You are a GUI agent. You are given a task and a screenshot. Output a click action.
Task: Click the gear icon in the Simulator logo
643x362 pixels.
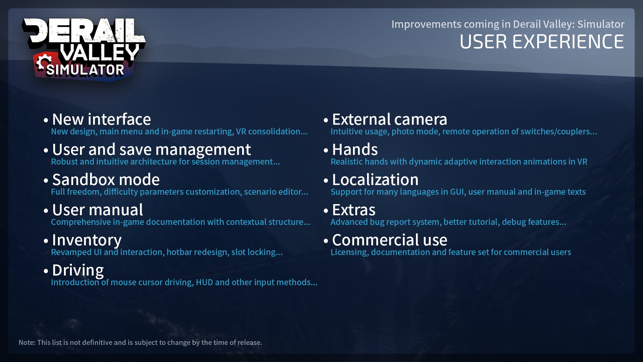pos(43,63)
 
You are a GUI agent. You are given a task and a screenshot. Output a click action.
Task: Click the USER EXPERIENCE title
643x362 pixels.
pos(542,42)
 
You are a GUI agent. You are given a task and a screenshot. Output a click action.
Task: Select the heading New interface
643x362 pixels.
pos(101,119)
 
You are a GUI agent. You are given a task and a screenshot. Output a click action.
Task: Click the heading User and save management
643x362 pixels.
pos(151,150)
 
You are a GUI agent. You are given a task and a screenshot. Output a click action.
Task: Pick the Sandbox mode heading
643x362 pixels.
pos(106,180)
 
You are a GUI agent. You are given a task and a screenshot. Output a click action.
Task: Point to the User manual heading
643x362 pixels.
pos(97,210)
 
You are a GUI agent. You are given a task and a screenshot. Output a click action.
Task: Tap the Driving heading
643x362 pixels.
pos(78,270)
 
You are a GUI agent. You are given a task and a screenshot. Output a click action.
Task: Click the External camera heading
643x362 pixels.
pos(389,119)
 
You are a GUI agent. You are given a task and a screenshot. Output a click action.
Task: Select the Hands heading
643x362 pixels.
pos(355,149)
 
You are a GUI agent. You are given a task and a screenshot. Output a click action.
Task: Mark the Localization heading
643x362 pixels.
pos(375,180)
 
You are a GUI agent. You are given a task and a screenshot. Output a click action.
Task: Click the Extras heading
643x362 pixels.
pos(354,210)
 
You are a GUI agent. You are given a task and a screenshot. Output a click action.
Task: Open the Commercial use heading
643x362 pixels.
pos(389,240)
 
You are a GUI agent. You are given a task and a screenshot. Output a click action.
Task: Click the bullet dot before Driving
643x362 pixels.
pos(46,271)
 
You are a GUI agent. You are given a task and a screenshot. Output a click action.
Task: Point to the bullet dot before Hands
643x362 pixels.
pos(326,150)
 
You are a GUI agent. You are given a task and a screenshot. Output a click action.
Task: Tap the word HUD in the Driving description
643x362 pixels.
pos(204,282)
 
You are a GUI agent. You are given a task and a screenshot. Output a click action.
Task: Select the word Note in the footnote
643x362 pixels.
pos(27,343)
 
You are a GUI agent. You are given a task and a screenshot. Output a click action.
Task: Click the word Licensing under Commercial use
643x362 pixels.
pos(350,252)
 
